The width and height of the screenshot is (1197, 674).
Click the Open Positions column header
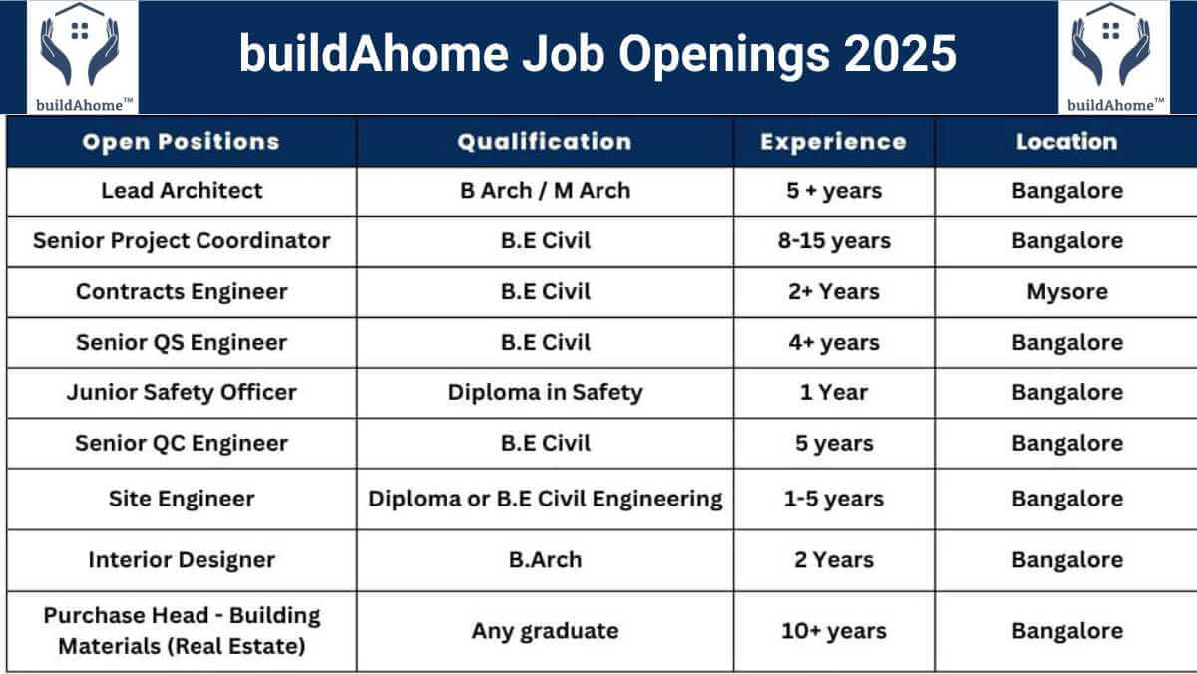[182, 142]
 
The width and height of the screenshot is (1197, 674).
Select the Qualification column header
[545, 142]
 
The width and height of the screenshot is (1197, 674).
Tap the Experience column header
[834, 142]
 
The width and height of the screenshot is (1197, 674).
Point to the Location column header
[1067, 142]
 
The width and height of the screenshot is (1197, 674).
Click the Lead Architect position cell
[182, 191]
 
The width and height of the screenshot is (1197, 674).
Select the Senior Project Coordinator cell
[182, 241]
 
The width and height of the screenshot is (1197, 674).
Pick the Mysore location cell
[1067, 292]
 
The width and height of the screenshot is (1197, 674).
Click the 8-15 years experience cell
[834, 241]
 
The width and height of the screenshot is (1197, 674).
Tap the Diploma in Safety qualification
[545, 393]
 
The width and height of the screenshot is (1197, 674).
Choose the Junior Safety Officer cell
[182, 393]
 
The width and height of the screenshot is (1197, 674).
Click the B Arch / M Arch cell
[545, 191]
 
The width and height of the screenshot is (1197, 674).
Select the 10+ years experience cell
[834, 631]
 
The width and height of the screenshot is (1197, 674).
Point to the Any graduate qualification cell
[545, 632]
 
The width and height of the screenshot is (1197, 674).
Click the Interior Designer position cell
[182, 560]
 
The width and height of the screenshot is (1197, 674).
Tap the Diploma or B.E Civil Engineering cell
[545, 500]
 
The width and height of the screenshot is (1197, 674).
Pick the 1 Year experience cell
[834, 393]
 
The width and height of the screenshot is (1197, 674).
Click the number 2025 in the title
[900, 54]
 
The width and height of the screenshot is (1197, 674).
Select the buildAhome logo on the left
[82, 57]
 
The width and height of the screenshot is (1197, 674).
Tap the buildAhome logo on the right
[1113, 57]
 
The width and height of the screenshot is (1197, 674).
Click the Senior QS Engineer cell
[182, 343]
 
